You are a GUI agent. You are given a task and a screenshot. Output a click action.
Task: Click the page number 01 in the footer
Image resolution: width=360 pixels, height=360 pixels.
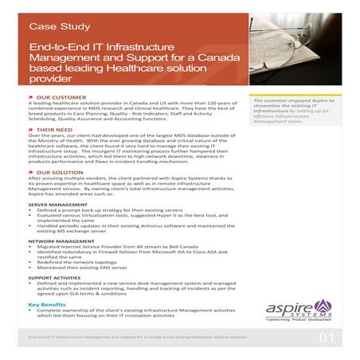pos(327,338)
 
